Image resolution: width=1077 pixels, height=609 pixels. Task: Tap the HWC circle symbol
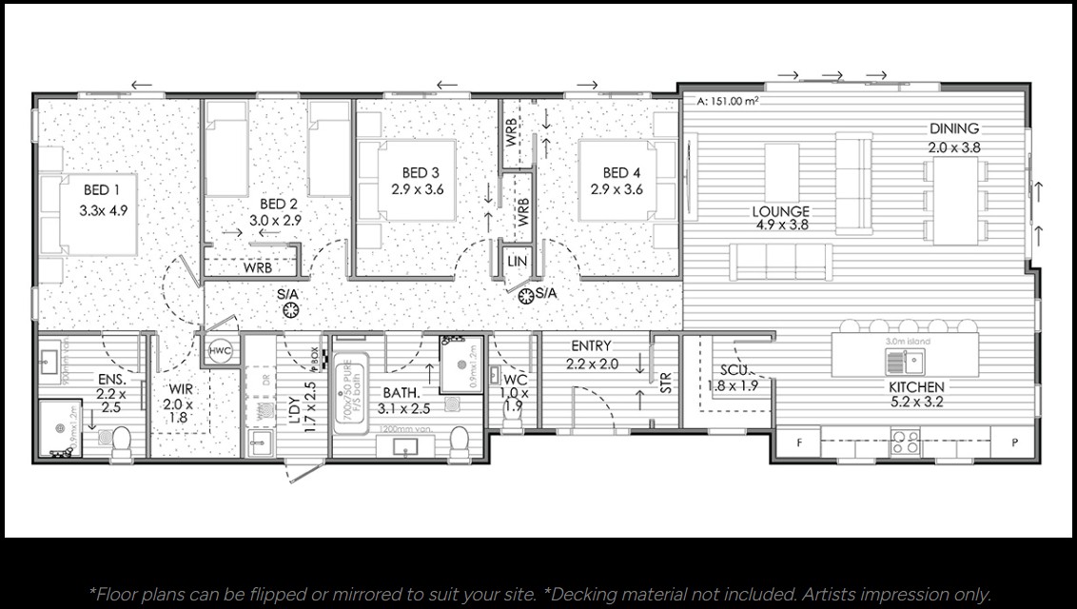[221, 351]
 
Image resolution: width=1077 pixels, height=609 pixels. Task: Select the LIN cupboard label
[517, 261]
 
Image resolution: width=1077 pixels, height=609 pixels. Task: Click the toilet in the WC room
[512, 420]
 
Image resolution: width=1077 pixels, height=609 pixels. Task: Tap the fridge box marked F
[798, 443]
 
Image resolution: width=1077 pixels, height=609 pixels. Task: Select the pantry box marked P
[1015, 443]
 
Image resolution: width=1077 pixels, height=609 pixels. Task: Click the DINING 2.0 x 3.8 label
[954, 138]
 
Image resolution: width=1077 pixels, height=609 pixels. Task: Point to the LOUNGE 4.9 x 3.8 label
[780, 218]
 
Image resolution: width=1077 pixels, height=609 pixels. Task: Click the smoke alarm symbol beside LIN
[524, 297]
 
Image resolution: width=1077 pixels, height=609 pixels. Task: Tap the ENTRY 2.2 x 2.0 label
[591, 354]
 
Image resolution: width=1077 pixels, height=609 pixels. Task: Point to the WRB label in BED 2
[257, 267]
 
